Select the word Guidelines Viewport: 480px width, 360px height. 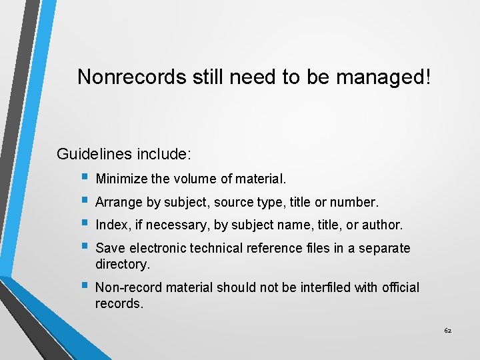pyautogui.click(x=94, y=155)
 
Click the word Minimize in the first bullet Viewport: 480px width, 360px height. pyautogui.click(x=121, y=179)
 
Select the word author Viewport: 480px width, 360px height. pyautogui.click(x=383, y=225)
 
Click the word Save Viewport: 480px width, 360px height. pyautogui.click(x=110, y=249)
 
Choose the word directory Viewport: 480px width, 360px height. pyautogui.click(x=123, y=264)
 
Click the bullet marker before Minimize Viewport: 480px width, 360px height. pyautogui.click(x=83, y=179)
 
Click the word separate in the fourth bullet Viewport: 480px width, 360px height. pyautogui.click(x=385, y=249)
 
